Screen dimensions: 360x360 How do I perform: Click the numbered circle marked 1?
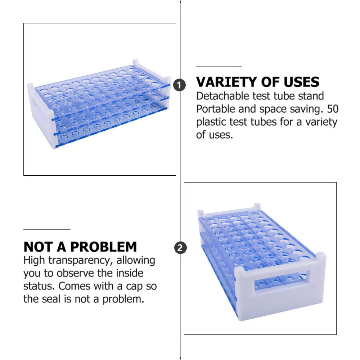point(180,85)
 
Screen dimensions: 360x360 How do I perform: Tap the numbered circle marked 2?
point(180,248)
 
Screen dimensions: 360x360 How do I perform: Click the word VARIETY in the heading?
point(226,82)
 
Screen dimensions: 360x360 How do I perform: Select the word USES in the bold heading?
point(301,82)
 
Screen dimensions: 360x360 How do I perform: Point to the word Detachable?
point(222,96)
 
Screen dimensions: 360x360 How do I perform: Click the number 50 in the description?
point(333,109)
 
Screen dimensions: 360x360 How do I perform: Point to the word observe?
point(76,273)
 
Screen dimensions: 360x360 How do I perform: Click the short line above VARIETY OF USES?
point(219,66)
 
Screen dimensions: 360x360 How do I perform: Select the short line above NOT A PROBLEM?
point(47,229)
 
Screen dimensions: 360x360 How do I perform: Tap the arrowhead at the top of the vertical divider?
point(180,1)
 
